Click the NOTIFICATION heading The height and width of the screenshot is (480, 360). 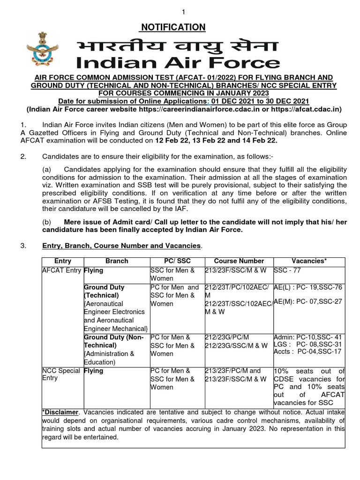click(x=173, y=28)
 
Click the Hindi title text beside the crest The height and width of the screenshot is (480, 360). click(x=177, y=45)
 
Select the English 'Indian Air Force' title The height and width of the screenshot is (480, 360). click(x=178, y=63)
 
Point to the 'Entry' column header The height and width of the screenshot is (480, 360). click(x=63, y=261)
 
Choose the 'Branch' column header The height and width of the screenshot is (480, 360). click(x=117, y=261)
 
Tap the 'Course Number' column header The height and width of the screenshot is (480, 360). click(x=239, y=261)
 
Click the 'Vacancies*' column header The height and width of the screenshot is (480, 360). click(x=309, y=261)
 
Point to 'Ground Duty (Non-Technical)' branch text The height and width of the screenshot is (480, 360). click(x=114, y=341)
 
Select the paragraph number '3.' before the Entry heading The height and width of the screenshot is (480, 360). click(x=23, y=246)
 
